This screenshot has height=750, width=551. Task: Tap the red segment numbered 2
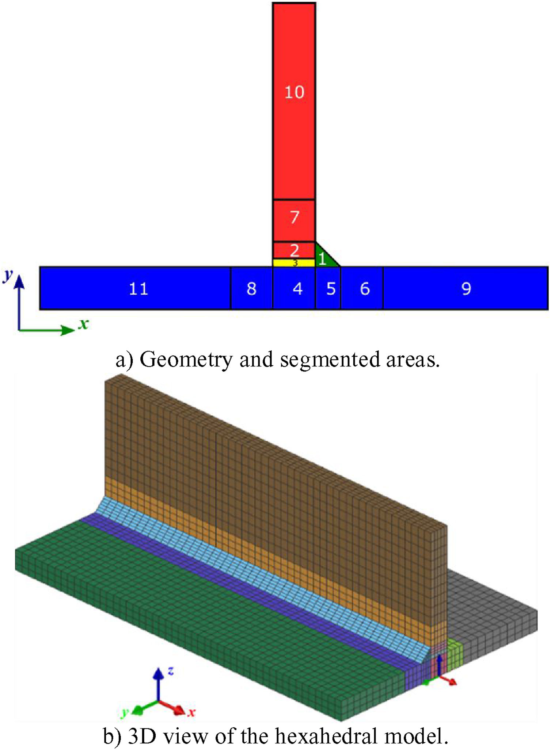click(294, 250)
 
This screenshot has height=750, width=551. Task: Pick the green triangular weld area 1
click(323, 259)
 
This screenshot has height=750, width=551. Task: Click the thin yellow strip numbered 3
click(294, 263)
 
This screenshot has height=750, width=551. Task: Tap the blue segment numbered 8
click(251, 288)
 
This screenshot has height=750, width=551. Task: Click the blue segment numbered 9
click(465, 288)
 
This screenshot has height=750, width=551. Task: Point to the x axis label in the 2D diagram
click(84, 323)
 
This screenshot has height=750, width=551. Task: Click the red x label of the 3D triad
click(191, 712)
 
